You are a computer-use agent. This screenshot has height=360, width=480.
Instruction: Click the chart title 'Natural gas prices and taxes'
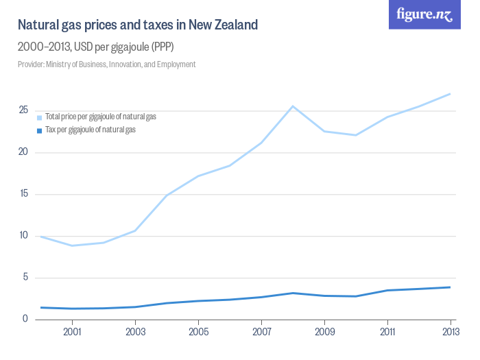pyautogui.click(x=137, y=25)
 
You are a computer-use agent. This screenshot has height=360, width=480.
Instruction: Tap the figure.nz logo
pyautogui.click(x=425, y=14)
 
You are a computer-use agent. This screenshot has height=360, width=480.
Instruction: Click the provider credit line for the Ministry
pyautogui.click(x=107, y=64)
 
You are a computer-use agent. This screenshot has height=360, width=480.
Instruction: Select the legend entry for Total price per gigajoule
pyautogui.click(x=100, y=117)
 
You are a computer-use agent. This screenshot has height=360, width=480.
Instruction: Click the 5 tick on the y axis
pyautogui.click(x=25, y=278)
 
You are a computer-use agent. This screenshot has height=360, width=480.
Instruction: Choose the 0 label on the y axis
pyautogui.click(x=25, y=320)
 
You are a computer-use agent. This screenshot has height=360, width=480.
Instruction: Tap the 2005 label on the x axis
pyautogui.click(x=198, y=333)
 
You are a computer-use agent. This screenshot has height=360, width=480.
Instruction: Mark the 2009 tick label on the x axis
pyautogui.click(x=324, y=333)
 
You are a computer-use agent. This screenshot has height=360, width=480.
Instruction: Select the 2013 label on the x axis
pyautogui.click(x=450, y=333)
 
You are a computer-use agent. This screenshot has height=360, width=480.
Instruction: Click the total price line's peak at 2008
pyautogui.click(x=293, y=106)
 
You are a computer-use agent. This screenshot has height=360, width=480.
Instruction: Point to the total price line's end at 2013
pyautogui.click(x=450, y=94)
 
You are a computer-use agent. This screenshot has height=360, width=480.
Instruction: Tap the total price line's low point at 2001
pyautogui.click(x=72, y=245)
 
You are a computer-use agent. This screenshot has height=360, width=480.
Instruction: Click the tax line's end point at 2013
pyautogui.click(x=450, y=287)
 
